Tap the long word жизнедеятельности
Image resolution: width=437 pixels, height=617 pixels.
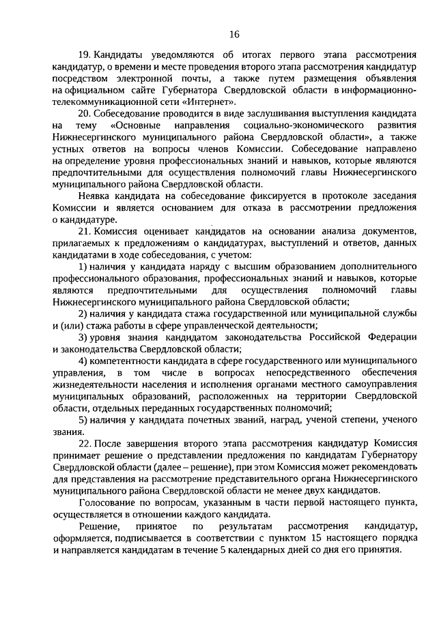tap(95, 384)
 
